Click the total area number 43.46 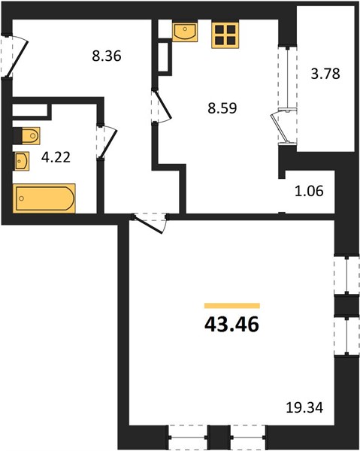click(231, 324)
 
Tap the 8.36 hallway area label click(107, 56)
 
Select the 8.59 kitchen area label click(222, 108)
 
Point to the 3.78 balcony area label click(325, 74)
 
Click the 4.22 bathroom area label click(56, 157)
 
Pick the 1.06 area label click(309, 191)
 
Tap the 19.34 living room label click(305, 407)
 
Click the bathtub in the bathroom click(44, 198)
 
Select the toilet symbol click(27, 135)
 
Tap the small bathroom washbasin click(22, 161)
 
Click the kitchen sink click(185, 32)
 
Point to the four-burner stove click(225, 35)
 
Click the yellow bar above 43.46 click(232, 306)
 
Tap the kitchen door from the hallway click(164, 104)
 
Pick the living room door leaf click(148, 225)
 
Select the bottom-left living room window click(189, 437)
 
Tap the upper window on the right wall click(346, 276)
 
